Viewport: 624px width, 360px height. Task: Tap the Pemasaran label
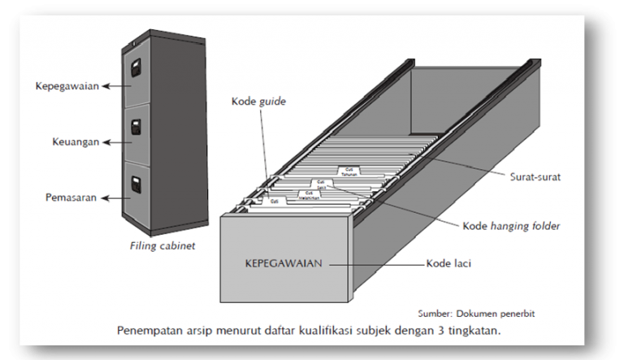(x=71, y=197)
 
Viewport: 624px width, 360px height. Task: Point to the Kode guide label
(x=259, y=102)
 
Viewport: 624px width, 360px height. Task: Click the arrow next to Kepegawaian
(x=120, y=85)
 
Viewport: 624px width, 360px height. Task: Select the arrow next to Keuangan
(x=120, y=141)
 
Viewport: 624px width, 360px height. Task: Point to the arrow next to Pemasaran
(x=120, y=197)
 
